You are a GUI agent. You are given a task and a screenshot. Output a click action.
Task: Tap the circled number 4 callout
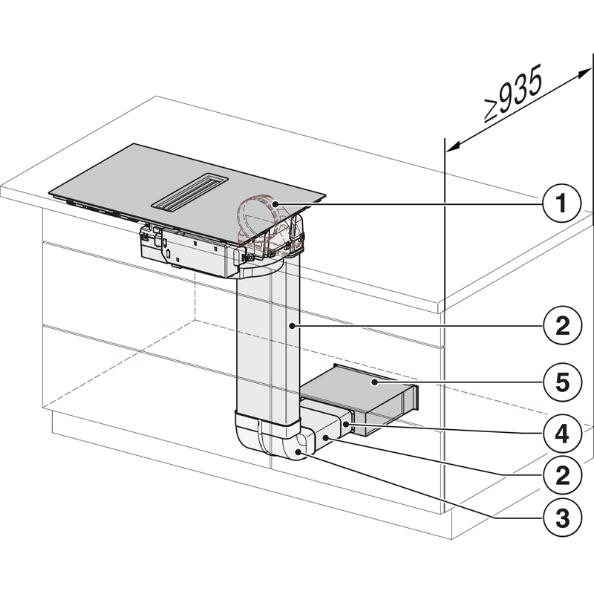563,431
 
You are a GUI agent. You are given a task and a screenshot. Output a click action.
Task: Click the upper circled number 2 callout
563,325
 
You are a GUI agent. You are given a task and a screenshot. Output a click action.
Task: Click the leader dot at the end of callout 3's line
299,451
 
